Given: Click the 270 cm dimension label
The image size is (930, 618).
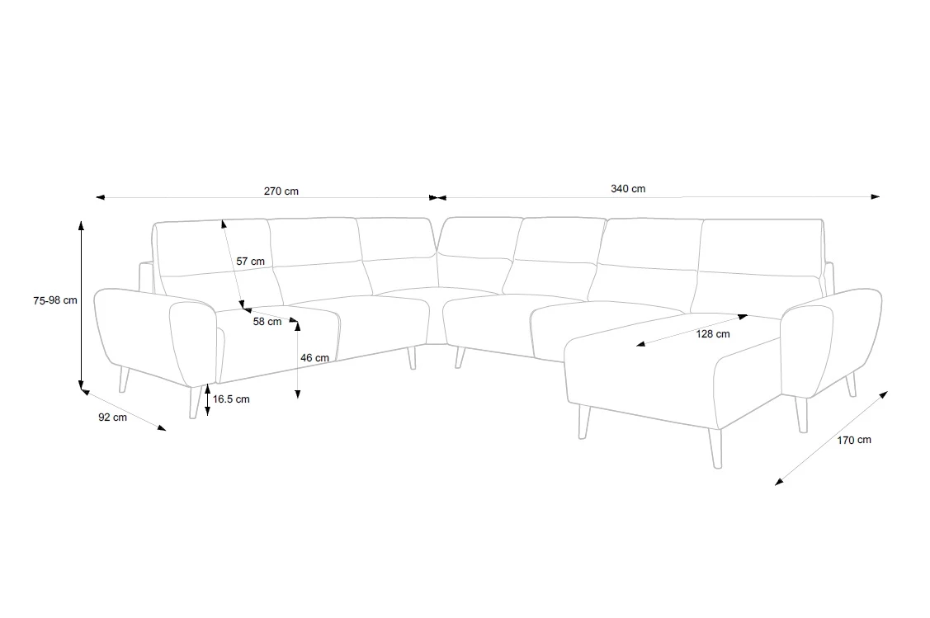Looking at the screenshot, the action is (281, 191).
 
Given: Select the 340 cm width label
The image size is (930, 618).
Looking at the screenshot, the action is (628, 189).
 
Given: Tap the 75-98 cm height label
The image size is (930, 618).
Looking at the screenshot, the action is (55, 300).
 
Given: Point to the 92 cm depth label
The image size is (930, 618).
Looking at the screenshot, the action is (113, 417).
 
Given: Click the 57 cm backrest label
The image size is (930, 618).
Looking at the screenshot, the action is (250, 261).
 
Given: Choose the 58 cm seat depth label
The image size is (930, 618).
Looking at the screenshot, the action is (267, 322).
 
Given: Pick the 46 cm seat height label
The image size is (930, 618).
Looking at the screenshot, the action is (314, 357).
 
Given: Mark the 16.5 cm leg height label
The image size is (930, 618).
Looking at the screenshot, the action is (231, 399).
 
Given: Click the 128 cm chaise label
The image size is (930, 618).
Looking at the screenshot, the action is (713, 334).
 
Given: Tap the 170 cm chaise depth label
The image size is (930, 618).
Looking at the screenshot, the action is (854, 440).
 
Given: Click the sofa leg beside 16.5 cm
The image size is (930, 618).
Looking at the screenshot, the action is (193, 402).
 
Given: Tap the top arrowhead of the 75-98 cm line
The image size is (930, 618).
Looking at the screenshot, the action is (81, 224).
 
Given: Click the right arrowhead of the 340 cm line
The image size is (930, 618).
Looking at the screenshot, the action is (876, 196).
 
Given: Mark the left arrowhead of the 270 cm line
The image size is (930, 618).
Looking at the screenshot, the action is (100, 197).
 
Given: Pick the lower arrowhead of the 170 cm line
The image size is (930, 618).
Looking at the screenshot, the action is (779, 482).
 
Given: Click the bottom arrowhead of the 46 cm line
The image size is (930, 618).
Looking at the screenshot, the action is (298, 394).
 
